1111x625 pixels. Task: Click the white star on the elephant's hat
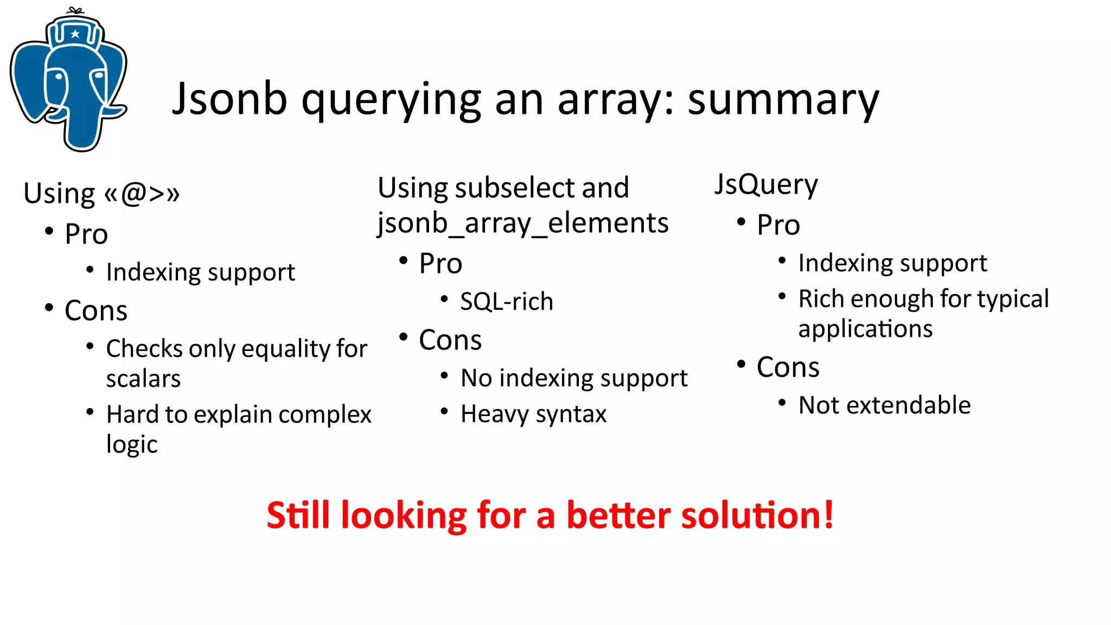(x=75, y=34)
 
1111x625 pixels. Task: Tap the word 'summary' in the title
(x=783, y=100)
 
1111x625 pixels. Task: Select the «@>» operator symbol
(x=142, y=194)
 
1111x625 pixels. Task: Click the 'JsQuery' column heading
(x=765, y=184)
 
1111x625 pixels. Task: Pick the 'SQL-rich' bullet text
(x=506, y=302)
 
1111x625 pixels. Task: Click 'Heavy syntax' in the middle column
(x=533, y=414)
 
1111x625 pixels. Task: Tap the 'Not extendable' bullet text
(x=884, y=405)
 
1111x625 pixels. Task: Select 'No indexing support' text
(x=573, y=378)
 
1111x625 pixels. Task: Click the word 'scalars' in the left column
(x=143, y=379)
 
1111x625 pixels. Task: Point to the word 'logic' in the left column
(x=131, y=444)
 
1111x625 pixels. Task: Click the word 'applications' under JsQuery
(x=865, y=329)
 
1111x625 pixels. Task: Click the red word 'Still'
(x=298, y=515)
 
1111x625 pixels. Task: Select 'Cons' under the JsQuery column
(x=788, y=367)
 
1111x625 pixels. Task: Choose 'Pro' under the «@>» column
(x=86, y=234)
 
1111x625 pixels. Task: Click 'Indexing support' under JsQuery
(x=892, y=264)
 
